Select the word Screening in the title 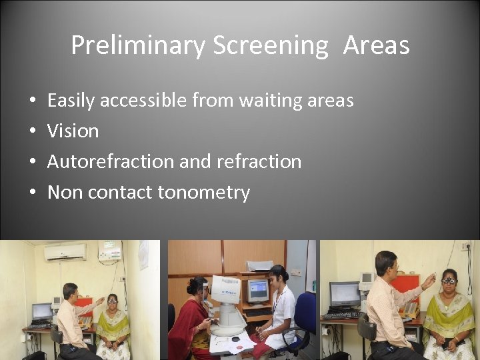[x=271, y=46]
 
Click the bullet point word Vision [x=73, y=131]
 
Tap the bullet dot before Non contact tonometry [x=33, y=193]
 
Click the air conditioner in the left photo [x=65, y=251]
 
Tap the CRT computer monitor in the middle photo [x=257, y=291]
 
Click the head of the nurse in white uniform [x=279, y=274]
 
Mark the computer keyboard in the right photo [x=343, y=315]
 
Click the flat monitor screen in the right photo [x=345, y=294]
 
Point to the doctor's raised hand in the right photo [x=429, y=278]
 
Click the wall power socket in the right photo [x=467, y=247]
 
